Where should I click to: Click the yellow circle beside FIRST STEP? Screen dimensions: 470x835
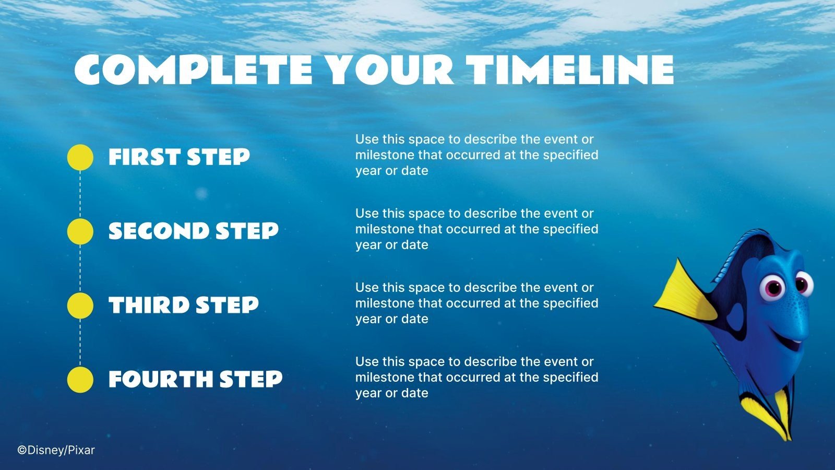(x=80, y=157)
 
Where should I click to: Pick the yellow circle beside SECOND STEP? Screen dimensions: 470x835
(x=80, y=231)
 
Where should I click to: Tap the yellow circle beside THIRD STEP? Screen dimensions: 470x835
(x=80, y=305)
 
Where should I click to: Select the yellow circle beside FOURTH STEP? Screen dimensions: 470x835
(x=80, y=380)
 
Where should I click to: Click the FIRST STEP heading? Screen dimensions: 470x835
(x=179, y=157)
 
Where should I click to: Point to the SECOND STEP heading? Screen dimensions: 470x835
(x=193, y=231)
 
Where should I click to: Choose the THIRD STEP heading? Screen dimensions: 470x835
(x=183, y=305)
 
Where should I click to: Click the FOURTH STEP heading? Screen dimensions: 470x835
(x=195, y=380)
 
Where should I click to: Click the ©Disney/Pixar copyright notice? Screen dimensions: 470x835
(x=56, y=450)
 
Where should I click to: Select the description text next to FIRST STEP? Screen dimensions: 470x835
(x=476, y=155)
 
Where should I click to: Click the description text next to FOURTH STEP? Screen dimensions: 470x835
(x=476, y=377)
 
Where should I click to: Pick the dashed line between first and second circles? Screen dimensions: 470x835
(x=80, y=194)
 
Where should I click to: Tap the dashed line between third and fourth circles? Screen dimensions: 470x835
(x=80, y=343)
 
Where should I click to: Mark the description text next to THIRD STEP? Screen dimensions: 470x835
(x=476, y=303)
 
